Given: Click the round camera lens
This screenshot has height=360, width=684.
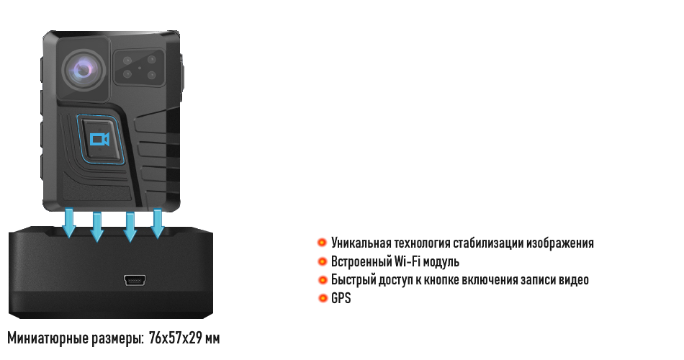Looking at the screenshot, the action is tap(84, 70).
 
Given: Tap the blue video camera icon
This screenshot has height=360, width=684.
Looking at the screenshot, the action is tap(99, 139).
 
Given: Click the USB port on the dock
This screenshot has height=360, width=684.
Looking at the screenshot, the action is tap(135, 280).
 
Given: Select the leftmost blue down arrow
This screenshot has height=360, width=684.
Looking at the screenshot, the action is tap(69, 223).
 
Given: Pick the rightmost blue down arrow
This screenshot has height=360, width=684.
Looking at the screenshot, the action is tap(158, 223).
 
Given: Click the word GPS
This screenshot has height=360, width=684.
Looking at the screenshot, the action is tap(341, 299).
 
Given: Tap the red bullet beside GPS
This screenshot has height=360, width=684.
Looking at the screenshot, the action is tap(323, 298).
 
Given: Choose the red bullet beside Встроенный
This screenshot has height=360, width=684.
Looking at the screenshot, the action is tap(323, 261).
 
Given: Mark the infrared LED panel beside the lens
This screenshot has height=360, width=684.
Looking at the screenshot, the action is tap(140, 67).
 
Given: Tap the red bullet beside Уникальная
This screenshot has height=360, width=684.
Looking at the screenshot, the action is tap(323, 242).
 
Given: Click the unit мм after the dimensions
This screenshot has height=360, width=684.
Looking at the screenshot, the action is tap(212, 338).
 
